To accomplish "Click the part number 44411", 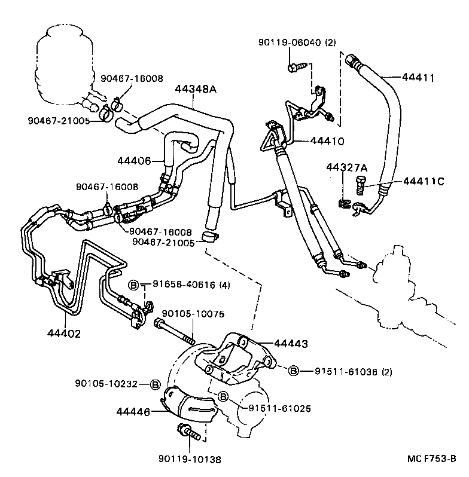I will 418,78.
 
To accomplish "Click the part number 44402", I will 63,333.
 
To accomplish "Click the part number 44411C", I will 424,181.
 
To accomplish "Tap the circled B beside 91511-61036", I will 294,371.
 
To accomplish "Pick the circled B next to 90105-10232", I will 154,383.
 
